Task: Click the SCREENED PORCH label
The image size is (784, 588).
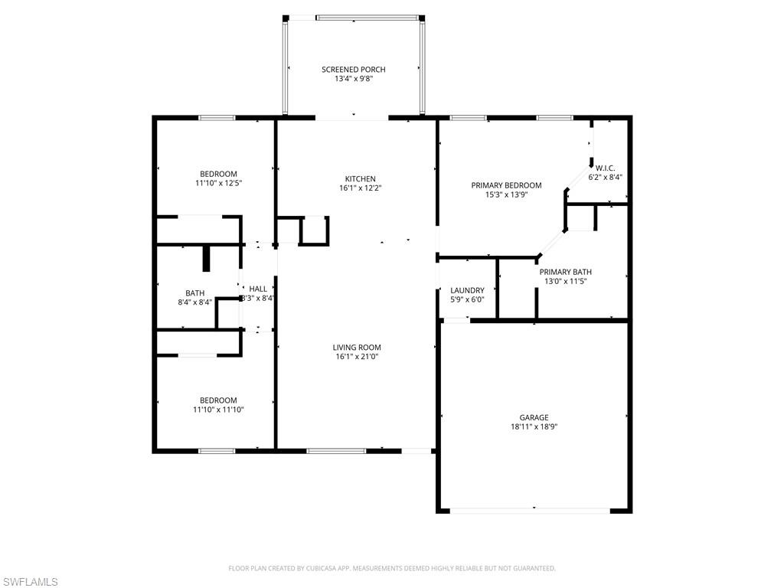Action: (353, 70)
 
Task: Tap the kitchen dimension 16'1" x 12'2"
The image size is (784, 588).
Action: (360, 188)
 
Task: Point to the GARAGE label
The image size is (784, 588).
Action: (534, 417)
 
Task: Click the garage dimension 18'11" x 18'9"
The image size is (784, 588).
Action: (534, 427)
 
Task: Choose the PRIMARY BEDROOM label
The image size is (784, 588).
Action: (506, 185)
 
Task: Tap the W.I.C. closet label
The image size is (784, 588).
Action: (605, 168)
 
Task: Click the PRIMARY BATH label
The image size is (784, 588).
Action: (565, 272)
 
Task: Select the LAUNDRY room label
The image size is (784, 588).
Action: (467, 290)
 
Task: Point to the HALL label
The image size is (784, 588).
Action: (258, 289)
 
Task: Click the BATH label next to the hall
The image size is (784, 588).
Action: (194, 292)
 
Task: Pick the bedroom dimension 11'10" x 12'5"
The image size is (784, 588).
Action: (218, 184)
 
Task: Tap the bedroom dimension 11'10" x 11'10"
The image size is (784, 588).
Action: (218, 410)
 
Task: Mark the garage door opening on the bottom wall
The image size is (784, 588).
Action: (534, 509)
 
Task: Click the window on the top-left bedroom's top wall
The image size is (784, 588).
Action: (217, 118)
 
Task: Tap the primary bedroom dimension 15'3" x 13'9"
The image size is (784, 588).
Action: (506, 195)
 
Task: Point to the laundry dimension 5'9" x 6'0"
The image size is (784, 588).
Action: (467, 299)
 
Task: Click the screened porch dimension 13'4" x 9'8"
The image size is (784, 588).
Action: (353, 79)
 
